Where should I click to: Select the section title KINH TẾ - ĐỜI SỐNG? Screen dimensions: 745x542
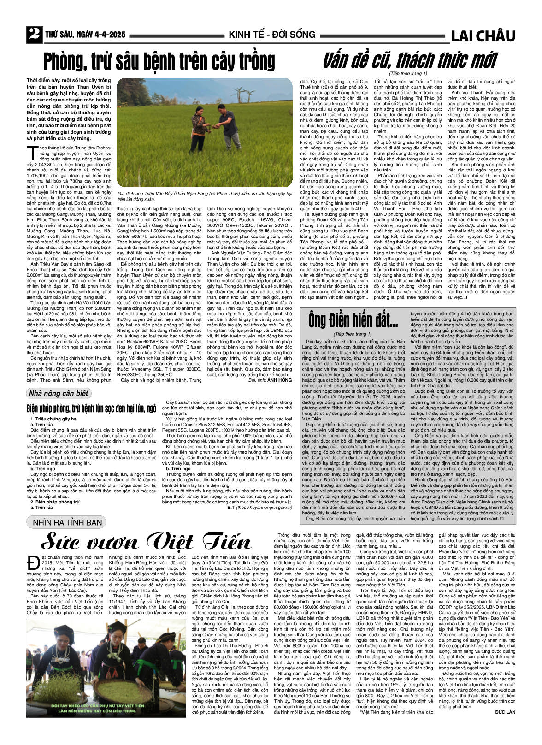tap(272, 35)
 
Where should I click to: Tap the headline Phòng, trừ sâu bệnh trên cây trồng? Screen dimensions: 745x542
tap(159, 61)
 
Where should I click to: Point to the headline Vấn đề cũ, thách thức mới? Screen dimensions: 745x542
tap(409, 60)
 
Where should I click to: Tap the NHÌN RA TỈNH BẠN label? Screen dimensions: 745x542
tap(67, 522)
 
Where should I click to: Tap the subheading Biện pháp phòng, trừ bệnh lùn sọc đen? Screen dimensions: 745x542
tap(91, 408)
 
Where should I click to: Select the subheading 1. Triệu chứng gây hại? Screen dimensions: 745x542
tap(54, 419)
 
